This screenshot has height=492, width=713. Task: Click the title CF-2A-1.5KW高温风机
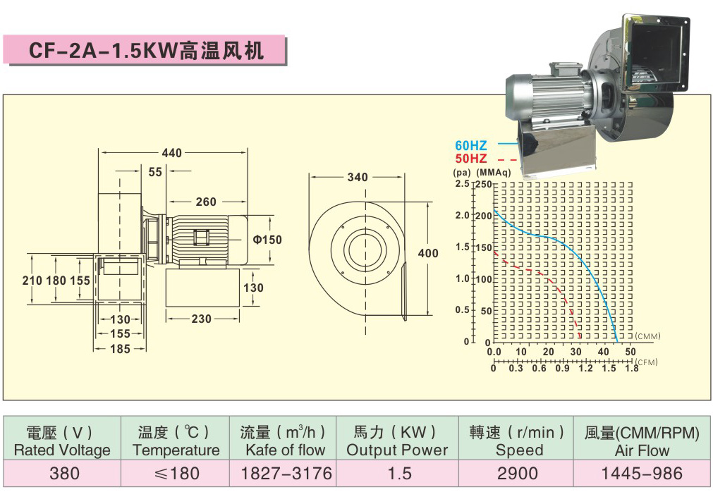coord(146,51)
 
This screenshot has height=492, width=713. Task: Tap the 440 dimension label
coord(172,153)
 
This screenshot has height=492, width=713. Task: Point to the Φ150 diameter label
coord(267,240)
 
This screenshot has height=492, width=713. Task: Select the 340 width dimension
coord(358,177)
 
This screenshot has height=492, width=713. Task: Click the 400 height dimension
coord(428,253)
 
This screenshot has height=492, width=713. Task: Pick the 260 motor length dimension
coord(206,202)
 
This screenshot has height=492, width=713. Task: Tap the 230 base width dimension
coord(202,319)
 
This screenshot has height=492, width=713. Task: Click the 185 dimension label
coord(120,349)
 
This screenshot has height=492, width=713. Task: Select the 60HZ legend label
coord(471,146)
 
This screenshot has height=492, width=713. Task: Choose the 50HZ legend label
coord(471,159)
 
